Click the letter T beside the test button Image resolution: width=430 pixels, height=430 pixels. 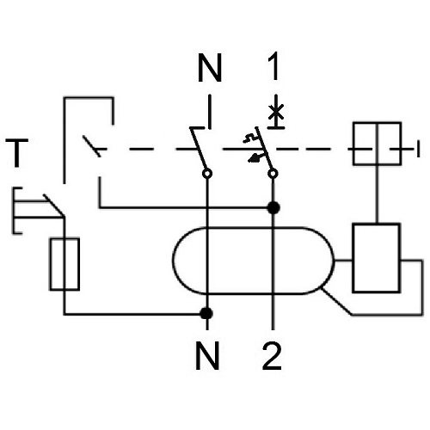click(x=17, y=153)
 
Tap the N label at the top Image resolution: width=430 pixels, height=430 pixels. click(x=210, y=68)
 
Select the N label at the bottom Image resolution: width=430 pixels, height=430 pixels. click(x=207, y=355)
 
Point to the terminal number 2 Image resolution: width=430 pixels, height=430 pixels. click(x=272, y=355)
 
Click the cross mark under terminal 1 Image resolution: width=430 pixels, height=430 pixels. click(x=276, y=112)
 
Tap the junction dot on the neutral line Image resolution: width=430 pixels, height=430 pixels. click(x=206, y=313)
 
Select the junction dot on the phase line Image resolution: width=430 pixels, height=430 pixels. click(x=273, y=208)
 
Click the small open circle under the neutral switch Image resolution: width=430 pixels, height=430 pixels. click(x=207, y=174)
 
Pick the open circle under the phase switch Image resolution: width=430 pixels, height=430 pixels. click(x=273, y=174)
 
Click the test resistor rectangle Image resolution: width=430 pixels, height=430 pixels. click(x=64, y=264)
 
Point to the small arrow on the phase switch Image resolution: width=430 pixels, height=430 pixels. click(x=255, y=157)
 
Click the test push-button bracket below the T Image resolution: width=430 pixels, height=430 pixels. click(x=14, y=211)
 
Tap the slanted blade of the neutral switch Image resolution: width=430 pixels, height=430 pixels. click(x=199, y=150)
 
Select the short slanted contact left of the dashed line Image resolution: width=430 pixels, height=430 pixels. click(x=92, y=146)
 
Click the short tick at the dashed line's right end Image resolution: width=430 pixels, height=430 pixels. click(x=418, y=149)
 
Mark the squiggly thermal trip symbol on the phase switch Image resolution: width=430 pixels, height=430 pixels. click(x=250, y=138)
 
